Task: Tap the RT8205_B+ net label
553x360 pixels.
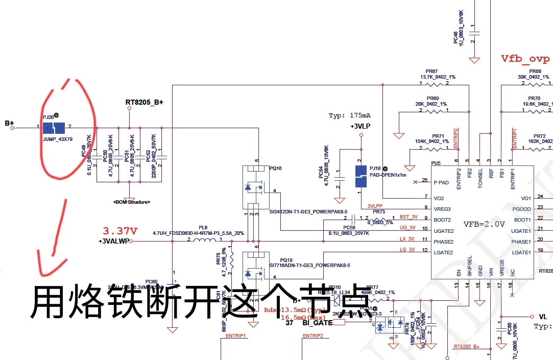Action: click(145, 103)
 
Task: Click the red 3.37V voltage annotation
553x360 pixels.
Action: click(121, 231)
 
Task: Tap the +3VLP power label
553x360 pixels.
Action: click(361, 126)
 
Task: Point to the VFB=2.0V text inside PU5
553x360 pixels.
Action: click(484, 224)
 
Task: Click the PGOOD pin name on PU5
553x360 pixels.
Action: click(521, 209)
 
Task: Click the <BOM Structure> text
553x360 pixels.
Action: click(132, 202)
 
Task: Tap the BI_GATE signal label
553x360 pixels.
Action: click(318, 323)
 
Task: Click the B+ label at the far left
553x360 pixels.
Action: click(9, 123)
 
